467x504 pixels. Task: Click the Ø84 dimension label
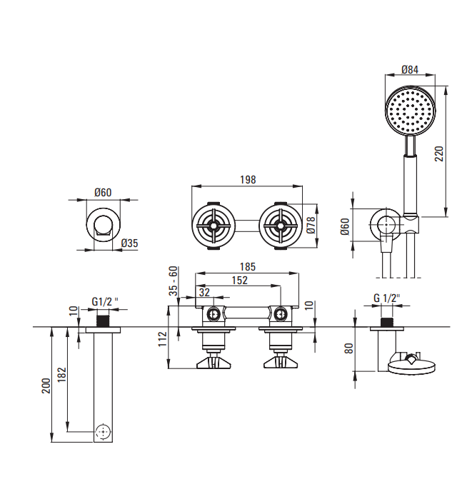coord(410,69)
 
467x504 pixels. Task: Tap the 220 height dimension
coord(439,153)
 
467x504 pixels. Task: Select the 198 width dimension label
coord(248,180)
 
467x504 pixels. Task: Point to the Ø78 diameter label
coord(311,225)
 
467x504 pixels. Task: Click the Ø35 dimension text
coord(129,243)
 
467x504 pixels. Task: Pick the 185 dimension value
coord(248,267)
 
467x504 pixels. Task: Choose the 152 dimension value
coord(240,281)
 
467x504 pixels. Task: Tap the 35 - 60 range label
coord(174,281)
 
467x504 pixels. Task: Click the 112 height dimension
coord(163,339)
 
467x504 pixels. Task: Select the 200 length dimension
coord(46,385)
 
